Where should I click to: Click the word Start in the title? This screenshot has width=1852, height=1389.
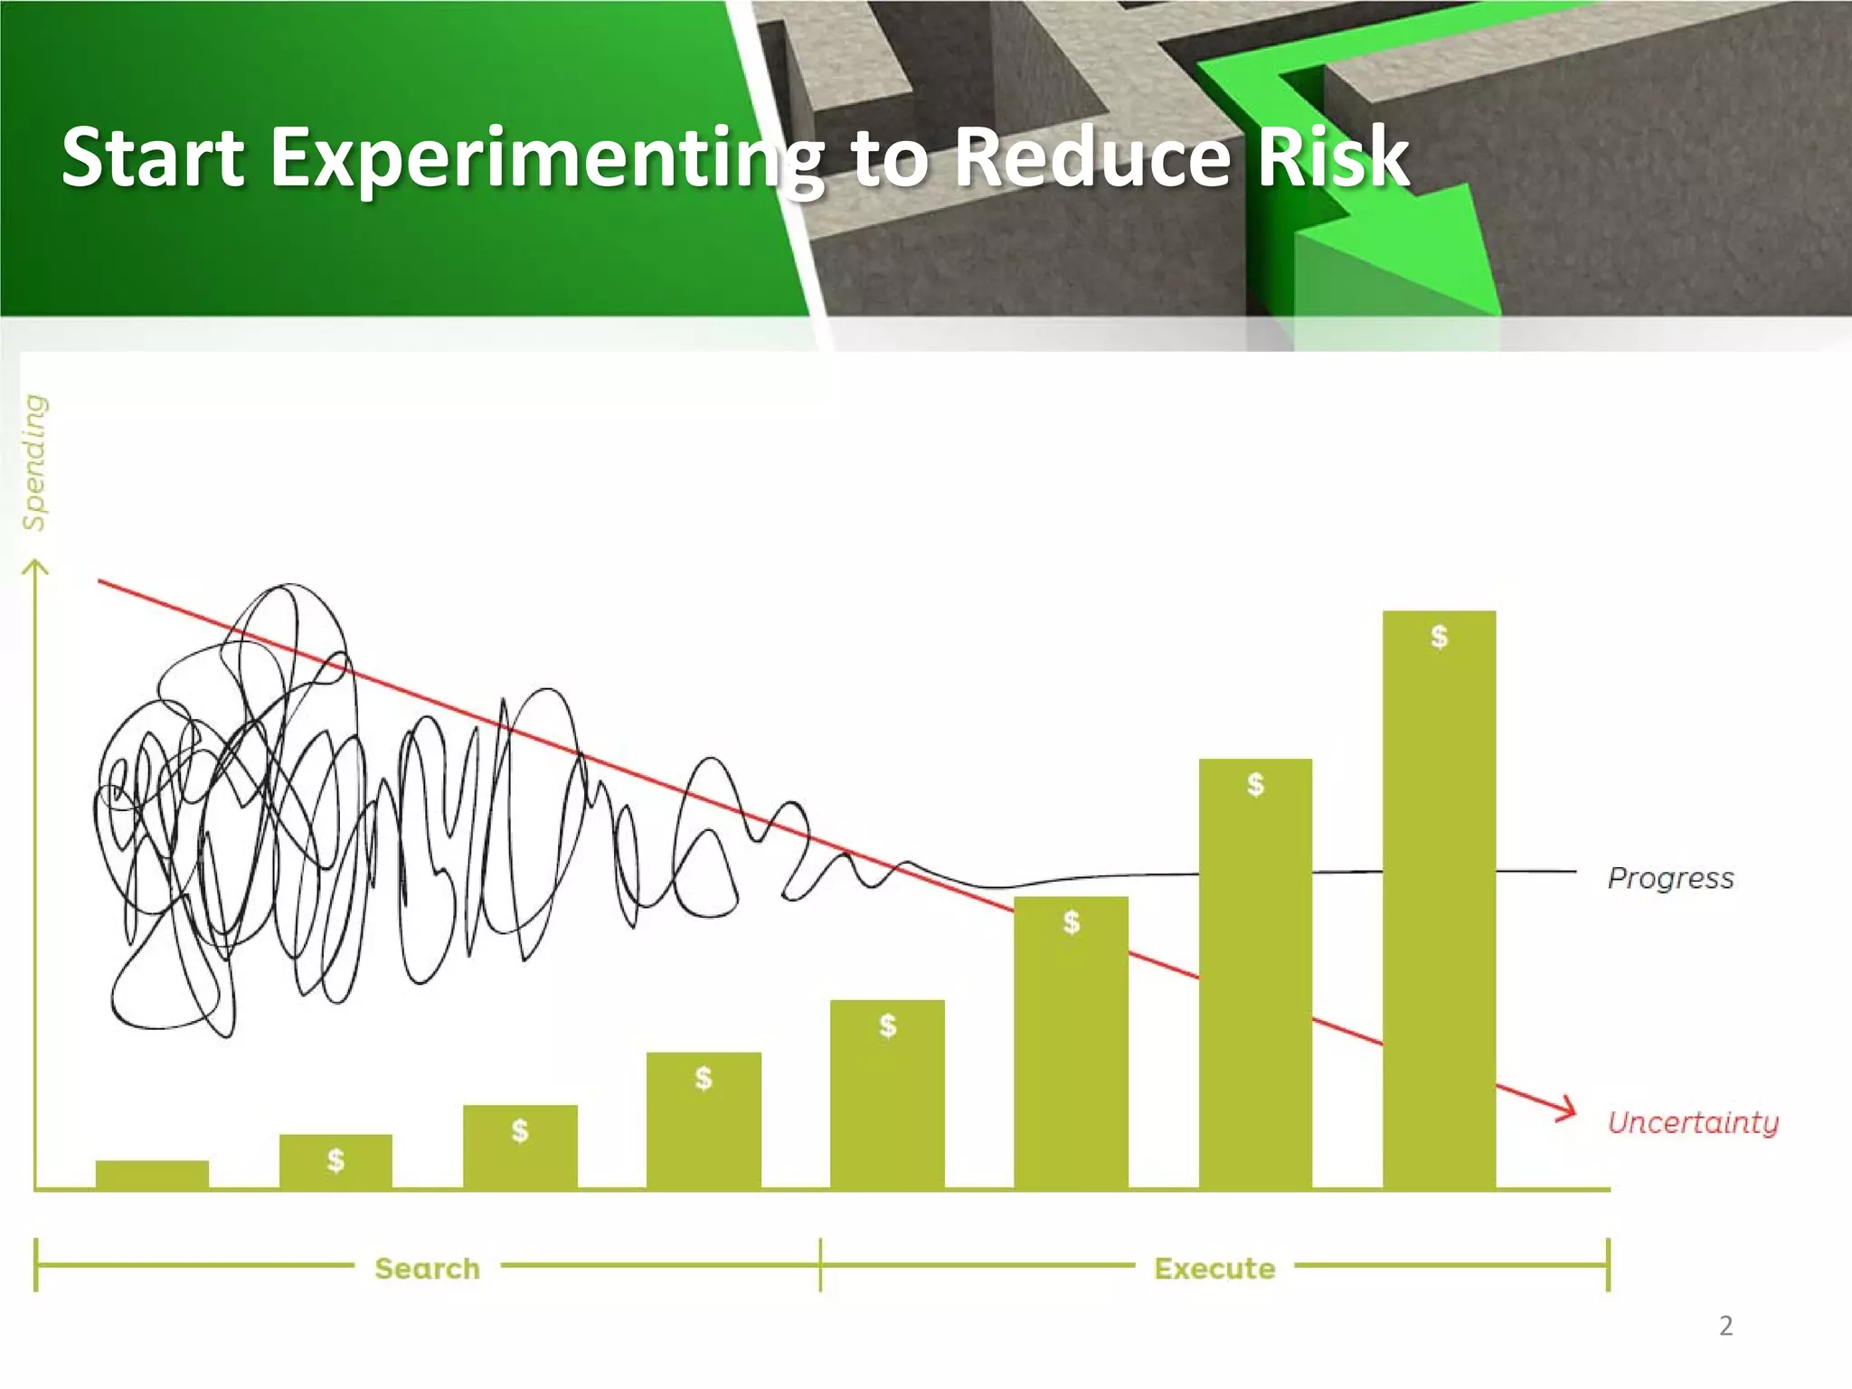click(x=153, y=158)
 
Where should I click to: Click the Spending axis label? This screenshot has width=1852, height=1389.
click(x=34, y=462)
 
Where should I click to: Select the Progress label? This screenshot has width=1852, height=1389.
click(x=1670, y=878)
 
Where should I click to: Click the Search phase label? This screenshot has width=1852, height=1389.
click(x=427, y=1268)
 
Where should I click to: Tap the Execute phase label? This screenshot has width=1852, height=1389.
click(x=1214, y=1268)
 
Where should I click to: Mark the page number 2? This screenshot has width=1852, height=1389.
click(x=1725, y=1326)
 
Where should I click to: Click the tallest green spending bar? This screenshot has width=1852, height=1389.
click(x=1439, y=904)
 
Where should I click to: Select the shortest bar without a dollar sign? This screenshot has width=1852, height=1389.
click(x=152, y=1174)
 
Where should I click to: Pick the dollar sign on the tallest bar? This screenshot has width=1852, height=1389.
click(x=1439, y=637)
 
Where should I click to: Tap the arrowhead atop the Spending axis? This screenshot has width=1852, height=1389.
click(x=35, y=567)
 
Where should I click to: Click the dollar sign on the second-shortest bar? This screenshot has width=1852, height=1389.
click(x=335, y=1159)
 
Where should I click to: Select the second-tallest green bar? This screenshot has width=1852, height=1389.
click(x=1255, y=977)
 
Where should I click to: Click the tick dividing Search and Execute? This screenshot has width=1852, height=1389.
click(x=820, y=1265)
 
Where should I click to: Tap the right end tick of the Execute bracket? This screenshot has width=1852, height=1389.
click(x=1608, y=1265)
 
